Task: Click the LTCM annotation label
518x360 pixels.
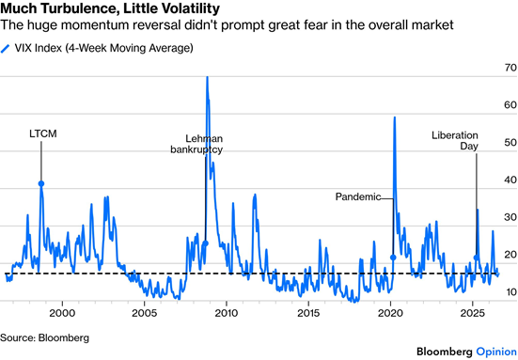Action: pos(43,133)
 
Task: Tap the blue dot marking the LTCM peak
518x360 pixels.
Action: pos(41,184)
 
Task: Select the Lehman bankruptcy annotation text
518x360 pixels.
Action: pos(196,144)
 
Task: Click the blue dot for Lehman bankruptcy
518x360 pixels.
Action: pos(205,243)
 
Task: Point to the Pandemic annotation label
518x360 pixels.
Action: pos(358,196)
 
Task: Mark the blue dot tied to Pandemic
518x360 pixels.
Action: pos(393,258)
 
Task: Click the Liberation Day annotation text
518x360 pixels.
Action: pos(455,140)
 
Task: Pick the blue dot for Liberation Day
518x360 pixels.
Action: pos(476,258)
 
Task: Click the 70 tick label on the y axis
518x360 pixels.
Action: pos(510,68)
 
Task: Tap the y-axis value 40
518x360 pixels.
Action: pos(510,180)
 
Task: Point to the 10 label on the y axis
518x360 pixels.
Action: pos(510,292)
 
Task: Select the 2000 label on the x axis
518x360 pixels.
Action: pos(62,313)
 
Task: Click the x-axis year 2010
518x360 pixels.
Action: pos(227,313)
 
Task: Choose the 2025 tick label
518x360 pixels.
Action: pos(473,313)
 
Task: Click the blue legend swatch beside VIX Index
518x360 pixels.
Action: pos(6,49)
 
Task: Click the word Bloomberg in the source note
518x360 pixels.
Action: pos(64,337)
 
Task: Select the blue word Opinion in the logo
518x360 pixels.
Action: pos(496,352)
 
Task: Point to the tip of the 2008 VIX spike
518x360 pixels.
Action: pos(207,77)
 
